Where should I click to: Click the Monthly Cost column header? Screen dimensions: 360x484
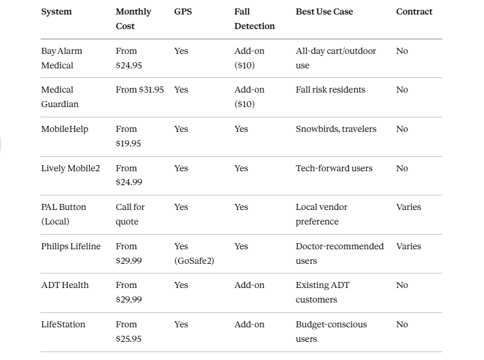(x=133, y=19)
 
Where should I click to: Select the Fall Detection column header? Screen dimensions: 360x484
(x=254, y=19)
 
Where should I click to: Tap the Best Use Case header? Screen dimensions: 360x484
(x=324, y=11)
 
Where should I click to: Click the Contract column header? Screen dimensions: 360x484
(x=414, y=11)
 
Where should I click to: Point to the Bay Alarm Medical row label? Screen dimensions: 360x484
(x=61, y=58)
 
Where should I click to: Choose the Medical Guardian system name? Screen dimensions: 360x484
(x=59, y=97)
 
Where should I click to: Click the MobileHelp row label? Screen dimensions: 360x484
(x=64, y=129)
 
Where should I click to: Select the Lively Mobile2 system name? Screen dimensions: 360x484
(x=70, y=168)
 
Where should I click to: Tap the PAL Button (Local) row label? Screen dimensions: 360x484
(x=64, y=214)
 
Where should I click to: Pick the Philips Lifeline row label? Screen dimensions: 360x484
(x=71, y=246)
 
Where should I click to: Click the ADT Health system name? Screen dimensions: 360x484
(x=65, y=285)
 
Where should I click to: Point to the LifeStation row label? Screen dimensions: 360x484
(x=63, y=324)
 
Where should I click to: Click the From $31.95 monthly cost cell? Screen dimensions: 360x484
(x=140, y=90)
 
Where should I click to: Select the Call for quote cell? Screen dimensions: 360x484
(x=130, y=214)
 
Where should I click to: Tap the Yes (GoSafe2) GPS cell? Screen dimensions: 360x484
(x=194, y=254)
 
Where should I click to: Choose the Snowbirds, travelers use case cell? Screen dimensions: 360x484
(x=336, y=129)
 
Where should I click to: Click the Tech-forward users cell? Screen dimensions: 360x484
(x=334, y=168)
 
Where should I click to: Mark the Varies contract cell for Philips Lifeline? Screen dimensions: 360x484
(x=408, y=246)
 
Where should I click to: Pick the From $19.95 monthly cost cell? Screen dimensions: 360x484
(x=128, y=136)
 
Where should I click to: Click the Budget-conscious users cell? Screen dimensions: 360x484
(x=331, y=332)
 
